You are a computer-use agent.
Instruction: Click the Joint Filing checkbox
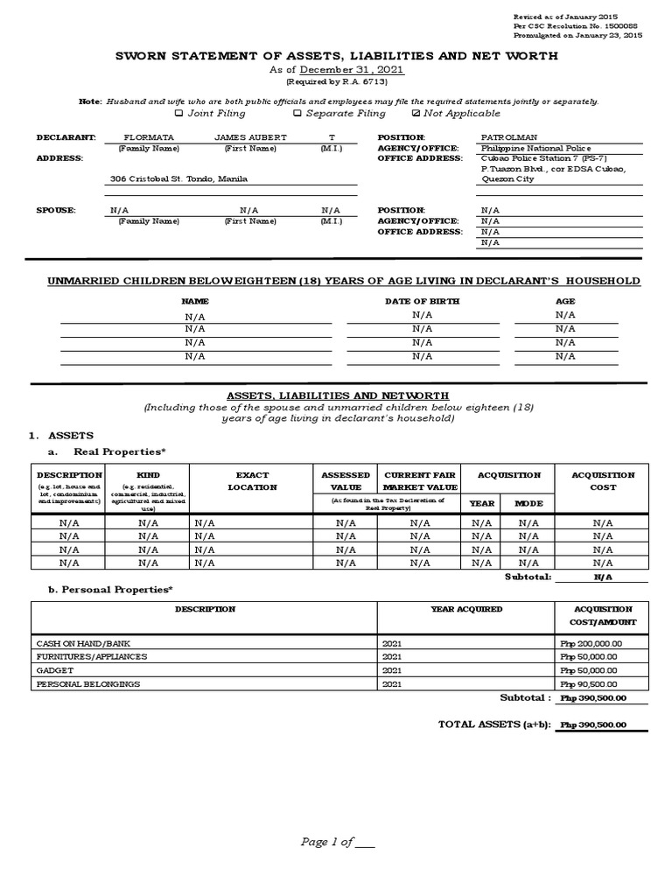178,114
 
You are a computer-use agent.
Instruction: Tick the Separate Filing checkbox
297,114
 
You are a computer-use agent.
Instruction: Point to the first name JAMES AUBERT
250,137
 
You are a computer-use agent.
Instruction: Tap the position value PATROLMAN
510,137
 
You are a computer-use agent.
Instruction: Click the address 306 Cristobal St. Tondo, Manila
178,178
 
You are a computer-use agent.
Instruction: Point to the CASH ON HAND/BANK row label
73,642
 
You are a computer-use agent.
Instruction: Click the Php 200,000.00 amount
588,642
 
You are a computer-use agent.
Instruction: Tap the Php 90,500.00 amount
588,684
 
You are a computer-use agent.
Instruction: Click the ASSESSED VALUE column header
346,481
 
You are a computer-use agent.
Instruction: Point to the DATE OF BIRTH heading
422,301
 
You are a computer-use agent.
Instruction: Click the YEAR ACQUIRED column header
466,609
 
